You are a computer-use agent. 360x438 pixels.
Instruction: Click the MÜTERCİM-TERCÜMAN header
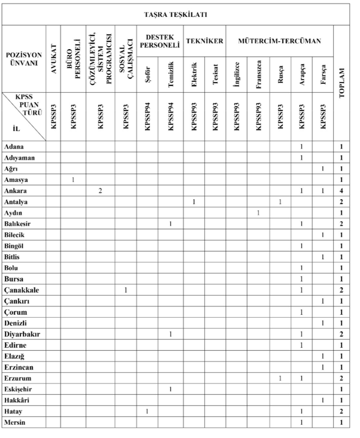coord(280,42)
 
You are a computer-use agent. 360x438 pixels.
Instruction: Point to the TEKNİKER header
coord(205,42)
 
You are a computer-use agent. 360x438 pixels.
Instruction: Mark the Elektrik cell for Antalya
coord(194,202)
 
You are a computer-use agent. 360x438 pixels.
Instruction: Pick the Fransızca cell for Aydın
coord(258,212)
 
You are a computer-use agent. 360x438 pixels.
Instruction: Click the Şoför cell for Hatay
coord(147,411)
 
